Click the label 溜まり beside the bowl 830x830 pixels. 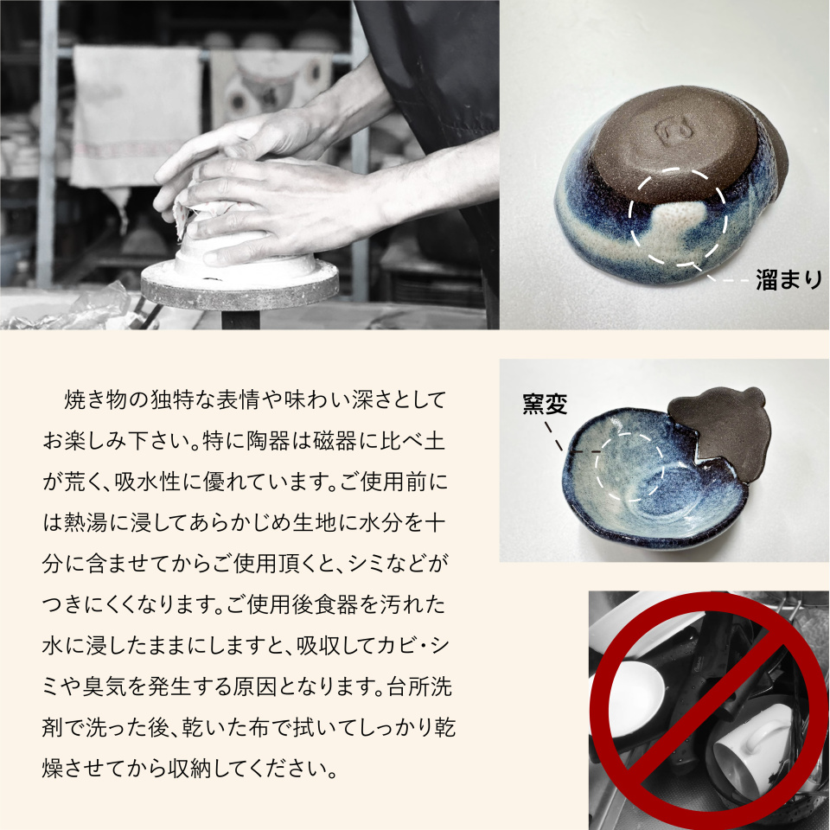788,279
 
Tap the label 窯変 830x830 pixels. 545,404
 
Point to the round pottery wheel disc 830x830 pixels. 240,284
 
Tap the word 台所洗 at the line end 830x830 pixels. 419,686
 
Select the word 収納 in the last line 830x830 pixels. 190,769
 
